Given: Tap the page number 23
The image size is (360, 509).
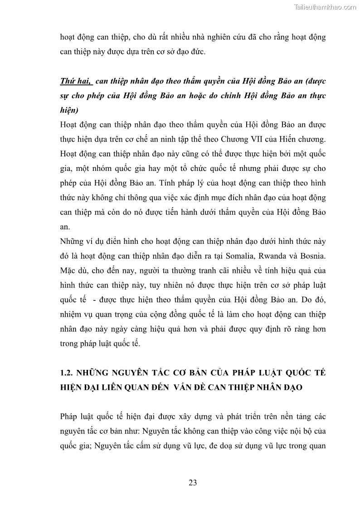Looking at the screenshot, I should click(x=193, y=483).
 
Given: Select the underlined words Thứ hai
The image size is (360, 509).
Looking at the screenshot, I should click(x=75, y=81).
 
